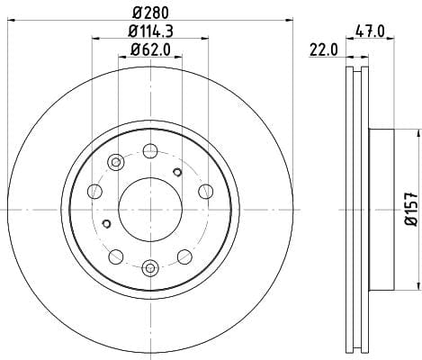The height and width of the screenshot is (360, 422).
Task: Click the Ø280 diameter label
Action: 151,13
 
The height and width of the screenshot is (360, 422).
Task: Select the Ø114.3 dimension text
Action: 151,31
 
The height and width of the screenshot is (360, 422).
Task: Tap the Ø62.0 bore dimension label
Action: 150,49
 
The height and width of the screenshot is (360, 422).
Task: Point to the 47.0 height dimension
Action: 370,31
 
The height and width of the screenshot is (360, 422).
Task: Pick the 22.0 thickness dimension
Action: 323,49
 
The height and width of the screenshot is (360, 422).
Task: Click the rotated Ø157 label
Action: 411,209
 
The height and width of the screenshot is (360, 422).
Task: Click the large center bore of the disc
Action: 150,210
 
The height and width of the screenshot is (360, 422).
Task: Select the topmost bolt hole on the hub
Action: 150,151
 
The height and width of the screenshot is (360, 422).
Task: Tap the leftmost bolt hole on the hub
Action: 94,191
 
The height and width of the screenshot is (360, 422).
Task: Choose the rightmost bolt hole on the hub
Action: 206,191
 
